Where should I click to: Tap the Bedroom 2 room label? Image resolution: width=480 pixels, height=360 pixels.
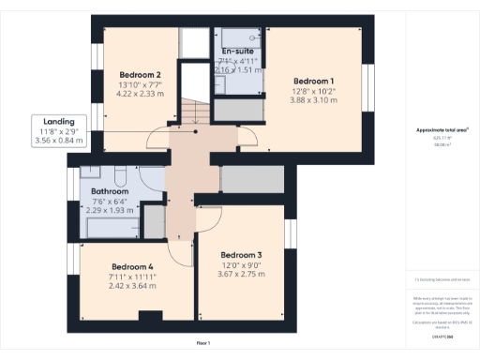140,75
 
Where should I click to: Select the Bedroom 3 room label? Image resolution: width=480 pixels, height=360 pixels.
241,255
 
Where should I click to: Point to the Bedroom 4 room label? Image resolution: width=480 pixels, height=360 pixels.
131,265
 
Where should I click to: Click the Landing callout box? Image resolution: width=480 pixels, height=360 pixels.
58,131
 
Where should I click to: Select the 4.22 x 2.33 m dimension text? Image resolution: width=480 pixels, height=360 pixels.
140,94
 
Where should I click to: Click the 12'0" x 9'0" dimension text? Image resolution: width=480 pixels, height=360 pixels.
241,264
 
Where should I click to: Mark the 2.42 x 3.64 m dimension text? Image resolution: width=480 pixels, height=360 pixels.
131,286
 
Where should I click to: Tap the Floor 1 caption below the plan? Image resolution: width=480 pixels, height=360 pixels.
202,343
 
